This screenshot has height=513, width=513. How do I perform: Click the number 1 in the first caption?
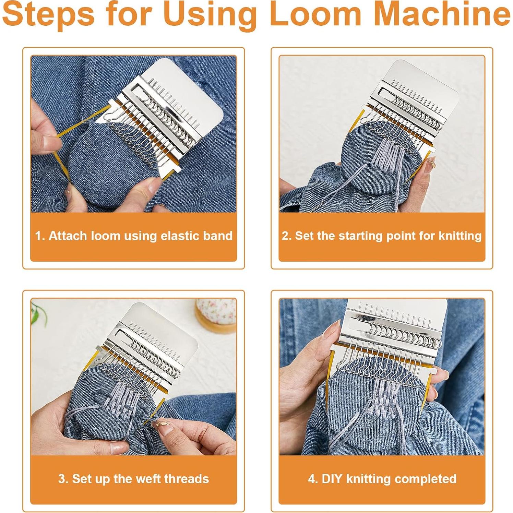point(39,236)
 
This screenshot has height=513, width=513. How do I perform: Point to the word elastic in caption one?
point(178,236)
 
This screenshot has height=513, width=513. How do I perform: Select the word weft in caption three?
point(144,479)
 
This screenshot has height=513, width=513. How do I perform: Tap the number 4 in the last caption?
point(312,479)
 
